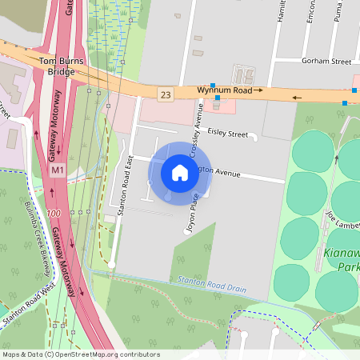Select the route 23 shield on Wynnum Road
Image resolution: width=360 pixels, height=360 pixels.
coord(166,94)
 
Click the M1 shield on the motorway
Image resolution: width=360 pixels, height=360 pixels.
coord(57,171)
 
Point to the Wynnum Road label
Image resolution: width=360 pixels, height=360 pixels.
coord(226,91)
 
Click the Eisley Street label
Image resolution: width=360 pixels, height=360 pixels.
coord(227,134)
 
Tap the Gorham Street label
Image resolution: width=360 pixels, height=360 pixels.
coord(326,61)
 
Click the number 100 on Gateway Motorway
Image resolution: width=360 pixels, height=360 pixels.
coord(54,214)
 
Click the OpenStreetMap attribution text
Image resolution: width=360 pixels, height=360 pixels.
coord(80,354)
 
